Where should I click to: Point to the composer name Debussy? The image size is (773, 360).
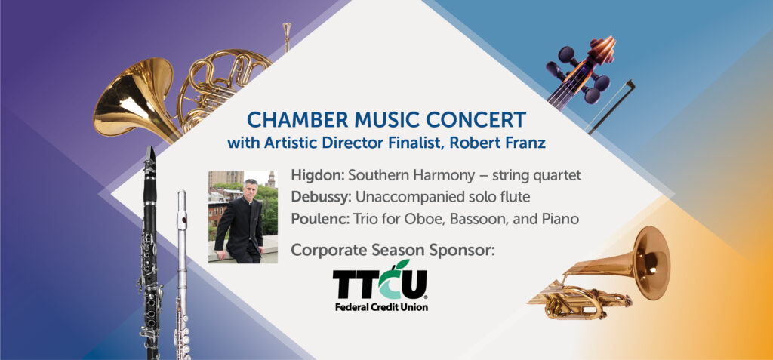click(321, 197)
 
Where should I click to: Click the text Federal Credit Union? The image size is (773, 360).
click(381, 307)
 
